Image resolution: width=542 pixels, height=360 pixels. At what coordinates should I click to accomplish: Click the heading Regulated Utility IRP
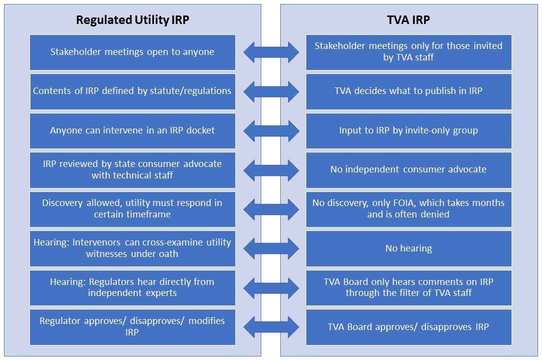132,20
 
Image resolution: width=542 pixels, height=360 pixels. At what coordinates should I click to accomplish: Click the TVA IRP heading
408,20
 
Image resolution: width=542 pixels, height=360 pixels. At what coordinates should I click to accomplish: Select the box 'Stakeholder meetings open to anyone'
132,52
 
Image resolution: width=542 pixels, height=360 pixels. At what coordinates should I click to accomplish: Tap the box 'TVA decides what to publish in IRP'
409,91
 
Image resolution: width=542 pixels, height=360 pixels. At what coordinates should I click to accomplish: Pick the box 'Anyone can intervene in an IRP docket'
132,130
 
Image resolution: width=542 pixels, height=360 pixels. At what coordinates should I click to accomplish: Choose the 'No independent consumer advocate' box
409,169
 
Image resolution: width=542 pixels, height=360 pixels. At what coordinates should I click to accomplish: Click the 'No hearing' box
409,248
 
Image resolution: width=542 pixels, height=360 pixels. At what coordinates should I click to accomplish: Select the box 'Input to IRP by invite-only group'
409,130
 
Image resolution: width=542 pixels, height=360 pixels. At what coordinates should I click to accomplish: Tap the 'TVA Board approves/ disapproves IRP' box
409,327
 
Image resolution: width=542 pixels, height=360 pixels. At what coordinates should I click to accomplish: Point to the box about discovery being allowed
132,209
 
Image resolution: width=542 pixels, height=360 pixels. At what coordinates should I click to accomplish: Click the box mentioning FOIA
409,209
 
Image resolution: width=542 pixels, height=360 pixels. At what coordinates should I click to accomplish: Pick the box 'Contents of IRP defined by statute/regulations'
132,91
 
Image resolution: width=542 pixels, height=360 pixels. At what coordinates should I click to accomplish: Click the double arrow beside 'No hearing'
271,248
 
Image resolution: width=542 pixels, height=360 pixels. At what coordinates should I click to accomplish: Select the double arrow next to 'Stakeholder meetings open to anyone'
271,52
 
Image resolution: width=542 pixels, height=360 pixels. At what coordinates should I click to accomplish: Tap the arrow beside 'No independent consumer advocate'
271,170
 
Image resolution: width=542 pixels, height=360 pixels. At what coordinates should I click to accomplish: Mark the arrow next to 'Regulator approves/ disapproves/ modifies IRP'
271,327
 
